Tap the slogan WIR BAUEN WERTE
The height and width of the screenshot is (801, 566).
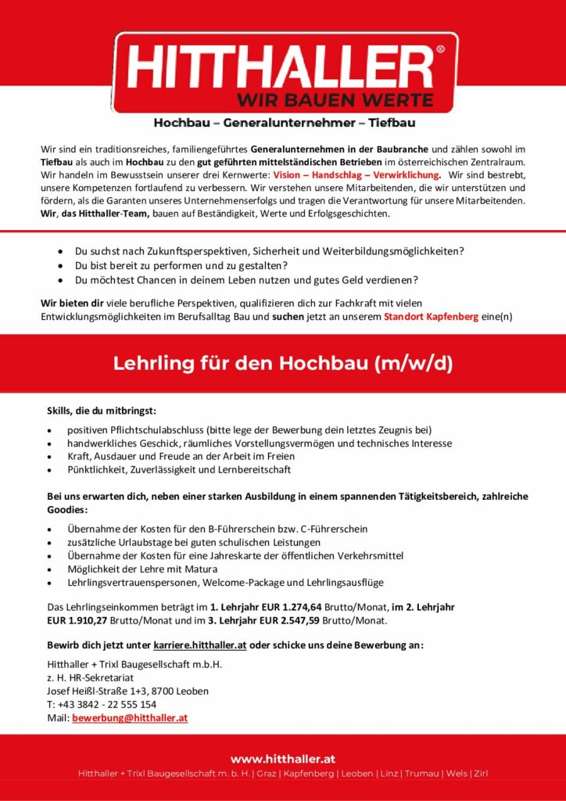(x=335, y=100)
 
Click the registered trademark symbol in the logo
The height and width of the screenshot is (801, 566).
(x=439, y=48)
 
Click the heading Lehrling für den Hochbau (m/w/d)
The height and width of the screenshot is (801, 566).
(x=283, y=364)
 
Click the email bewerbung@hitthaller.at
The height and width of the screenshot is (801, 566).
(x=130, y=717)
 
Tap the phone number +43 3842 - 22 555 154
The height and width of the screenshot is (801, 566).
(x=106, y=704)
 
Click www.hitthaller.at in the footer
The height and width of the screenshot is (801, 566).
(x=283, y=758)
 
